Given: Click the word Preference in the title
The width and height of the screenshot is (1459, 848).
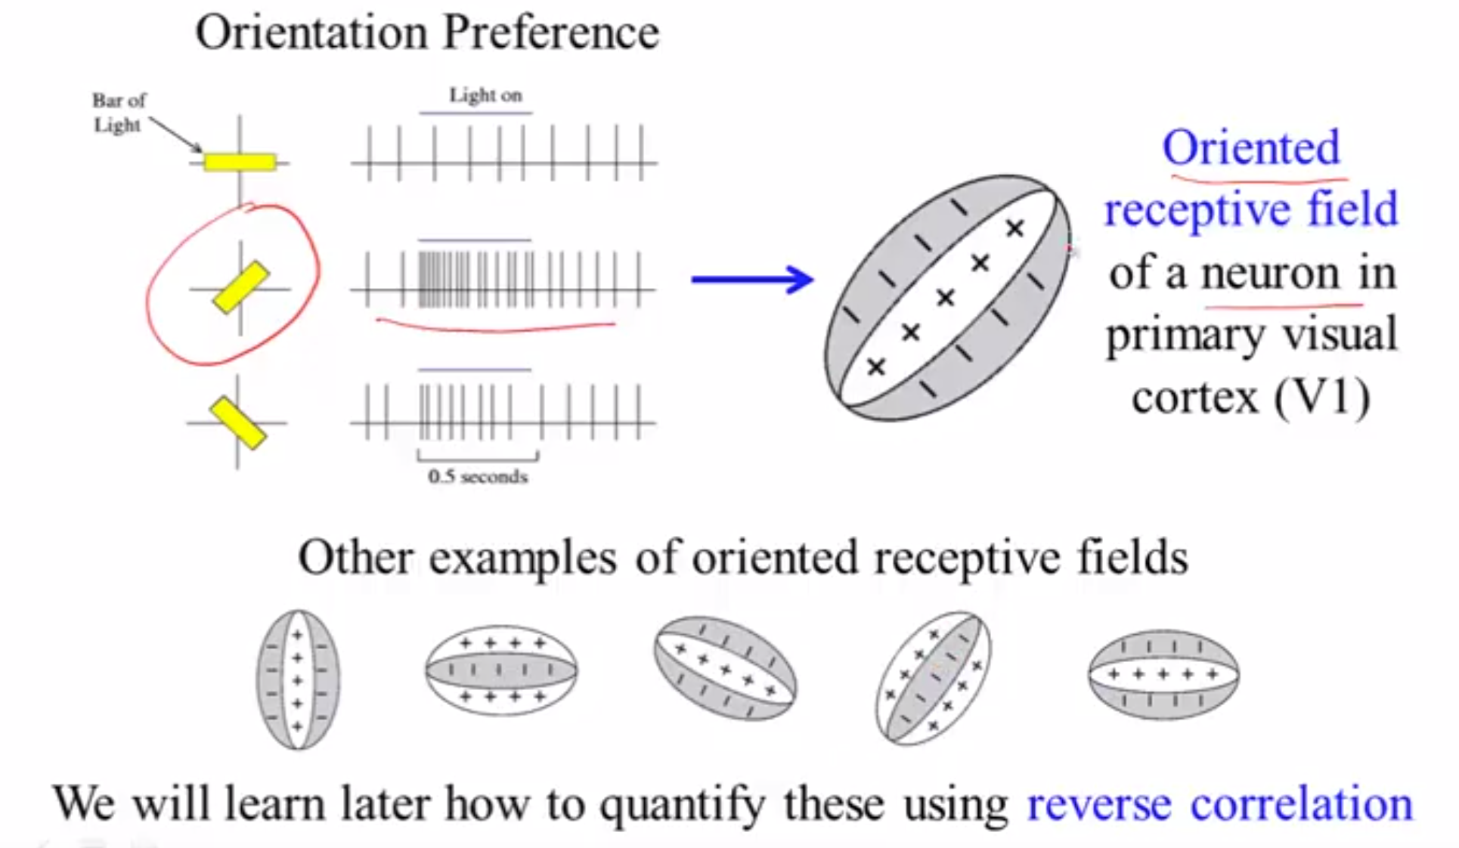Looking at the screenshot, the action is tap(551, 33).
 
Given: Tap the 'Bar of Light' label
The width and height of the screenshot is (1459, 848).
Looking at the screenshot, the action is tap(118, 113).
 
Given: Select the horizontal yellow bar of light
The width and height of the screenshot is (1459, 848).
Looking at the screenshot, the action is tap(240, 162).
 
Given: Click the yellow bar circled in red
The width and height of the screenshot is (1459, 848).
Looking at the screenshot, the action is tap(241, 287).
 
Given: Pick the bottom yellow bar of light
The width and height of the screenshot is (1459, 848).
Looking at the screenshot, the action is tap(238, 423).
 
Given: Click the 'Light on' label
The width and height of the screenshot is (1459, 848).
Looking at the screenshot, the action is tap(485, 95).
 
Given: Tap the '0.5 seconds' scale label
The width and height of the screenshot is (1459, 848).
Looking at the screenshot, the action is tap(478, 476).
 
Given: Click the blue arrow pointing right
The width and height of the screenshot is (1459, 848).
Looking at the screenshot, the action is tap(752, 280).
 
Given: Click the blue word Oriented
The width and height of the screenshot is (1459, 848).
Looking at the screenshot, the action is tap(1251, 147).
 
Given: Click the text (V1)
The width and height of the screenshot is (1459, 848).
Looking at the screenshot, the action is tap(1322, 397).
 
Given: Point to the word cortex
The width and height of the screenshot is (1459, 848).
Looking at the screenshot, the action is tap(1195, 398).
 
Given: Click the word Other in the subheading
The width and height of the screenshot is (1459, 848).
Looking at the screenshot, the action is tap(355, 558).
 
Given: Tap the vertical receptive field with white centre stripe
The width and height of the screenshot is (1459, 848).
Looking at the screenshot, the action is tap(298, 679).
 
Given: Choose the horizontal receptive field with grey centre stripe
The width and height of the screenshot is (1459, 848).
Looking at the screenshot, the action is tap(501, 670).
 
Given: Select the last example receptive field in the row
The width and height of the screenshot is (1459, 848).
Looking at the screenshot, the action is tap(1163, 674).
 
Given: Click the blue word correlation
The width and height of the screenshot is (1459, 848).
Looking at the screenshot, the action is tap(1301, 803).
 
